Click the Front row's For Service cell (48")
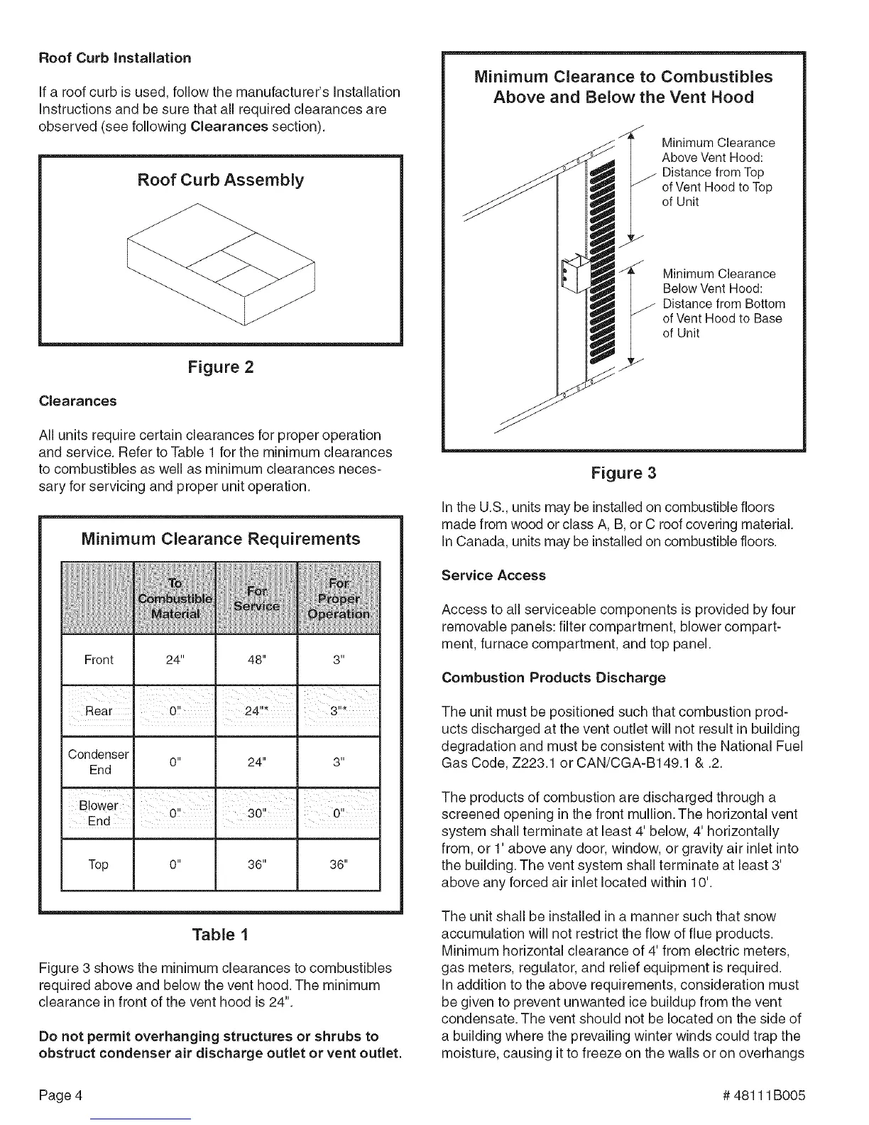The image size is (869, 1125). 256,660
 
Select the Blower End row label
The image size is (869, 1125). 99,813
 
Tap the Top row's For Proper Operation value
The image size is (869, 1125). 339,864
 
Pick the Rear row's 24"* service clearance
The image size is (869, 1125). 256,711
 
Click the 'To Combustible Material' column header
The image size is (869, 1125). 174,597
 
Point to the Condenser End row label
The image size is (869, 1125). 99,762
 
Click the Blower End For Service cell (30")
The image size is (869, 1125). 256,813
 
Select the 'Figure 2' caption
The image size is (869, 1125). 220,367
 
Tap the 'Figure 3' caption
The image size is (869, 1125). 623,473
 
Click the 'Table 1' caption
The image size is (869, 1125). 220,934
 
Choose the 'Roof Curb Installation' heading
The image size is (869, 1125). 114,58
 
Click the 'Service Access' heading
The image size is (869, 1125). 493,575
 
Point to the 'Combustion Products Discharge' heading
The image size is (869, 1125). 553,678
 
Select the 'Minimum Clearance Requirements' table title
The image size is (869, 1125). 221,539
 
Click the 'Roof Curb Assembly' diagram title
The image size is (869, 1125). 220,180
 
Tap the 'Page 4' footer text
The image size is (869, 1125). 62,1094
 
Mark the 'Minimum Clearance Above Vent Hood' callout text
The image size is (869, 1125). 717,172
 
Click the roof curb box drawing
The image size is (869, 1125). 220,263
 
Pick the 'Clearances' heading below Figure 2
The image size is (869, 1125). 77,401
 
